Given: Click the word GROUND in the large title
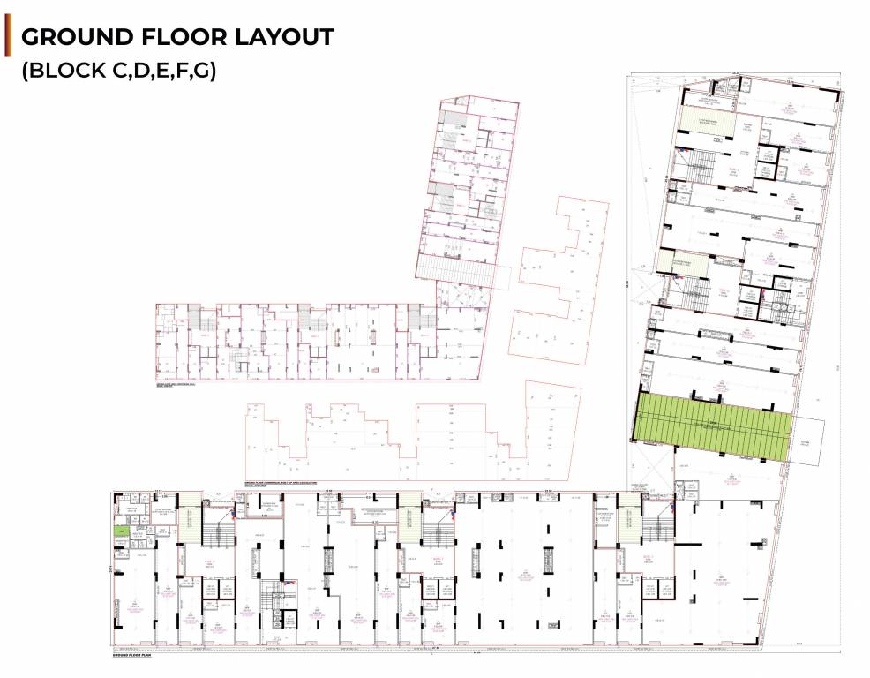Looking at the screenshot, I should tap(74, 38).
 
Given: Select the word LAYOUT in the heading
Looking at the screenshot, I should tap(284, 38).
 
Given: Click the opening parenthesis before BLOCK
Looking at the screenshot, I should tap(26, 72).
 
